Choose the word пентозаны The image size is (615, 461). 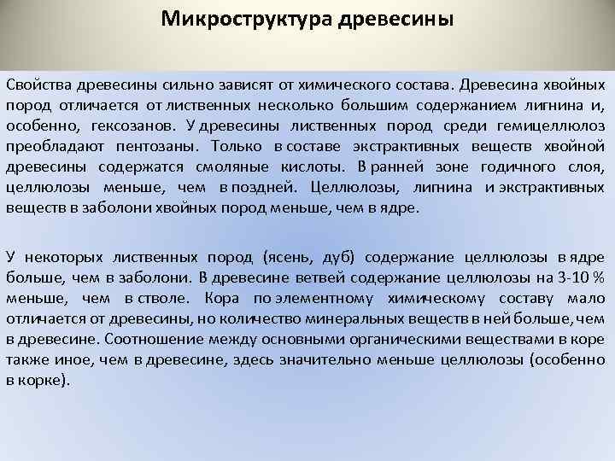159,146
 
